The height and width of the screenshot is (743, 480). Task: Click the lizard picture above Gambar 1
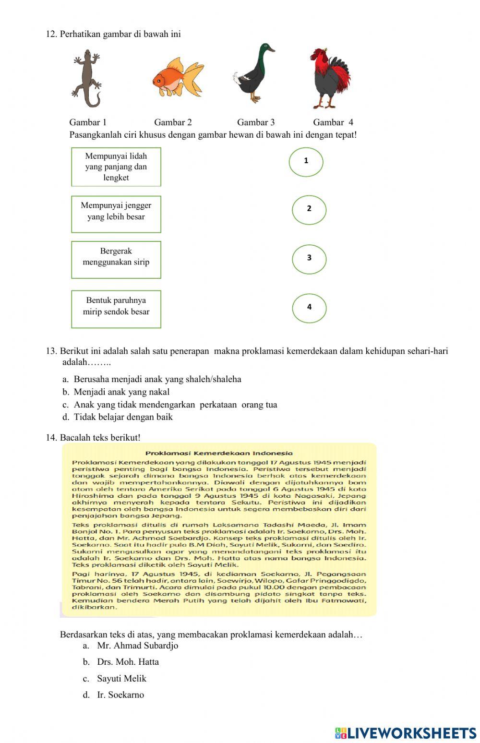pyautogui.click(x=87, y=79)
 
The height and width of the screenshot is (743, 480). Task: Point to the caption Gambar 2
pyautogui.click(x=173, y=122)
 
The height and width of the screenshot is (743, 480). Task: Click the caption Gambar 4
pyautogui.click(x=333, y=122)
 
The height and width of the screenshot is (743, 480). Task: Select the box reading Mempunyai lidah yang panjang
pyautogui.click(x=116, y=167)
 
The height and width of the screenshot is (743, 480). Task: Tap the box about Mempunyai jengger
pyautogui.click(x=116, y=214)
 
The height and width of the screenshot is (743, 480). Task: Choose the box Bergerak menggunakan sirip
pyautogui.click(x=116, y=260)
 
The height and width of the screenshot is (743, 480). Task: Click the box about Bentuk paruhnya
pyautogui.click(x=116, y=309)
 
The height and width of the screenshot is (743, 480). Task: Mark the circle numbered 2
pyautogui.click(x=309, y=210)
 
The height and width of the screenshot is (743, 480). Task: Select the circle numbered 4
pyautogui.click(x=309, y=308)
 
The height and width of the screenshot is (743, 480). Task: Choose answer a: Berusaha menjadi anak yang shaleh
pyautogui.click(x=157, y=379)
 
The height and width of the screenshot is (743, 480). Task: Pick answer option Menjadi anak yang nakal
pyautogui.click(x=121, y=392)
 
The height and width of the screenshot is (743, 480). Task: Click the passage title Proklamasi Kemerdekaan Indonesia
pyautogui.click(x=219, y=453)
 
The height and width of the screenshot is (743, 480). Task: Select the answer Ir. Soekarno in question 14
pyautogui.click(x=120, y=695)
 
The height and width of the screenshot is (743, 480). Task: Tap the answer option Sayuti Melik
pyautogui.click(x=121, y=679)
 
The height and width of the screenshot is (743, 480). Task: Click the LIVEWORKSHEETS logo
pyautogui.click(x=406, y=733)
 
